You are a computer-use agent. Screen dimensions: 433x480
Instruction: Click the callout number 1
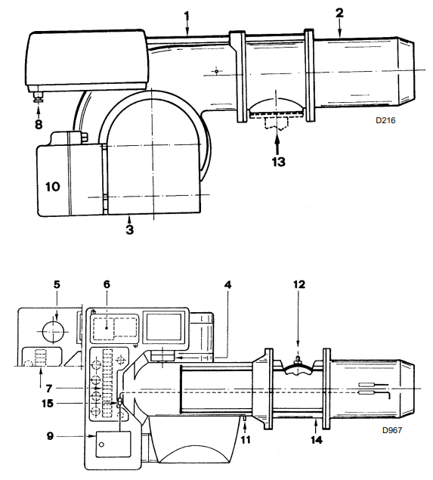(187, 16)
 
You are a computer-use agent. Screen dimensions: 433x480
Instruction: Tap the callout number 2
(339, 13)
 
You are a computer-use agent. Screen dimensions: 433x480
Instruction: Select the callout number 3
(130, 230)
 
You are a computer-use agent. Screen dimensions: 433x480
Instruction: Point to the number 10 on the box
(53, 187)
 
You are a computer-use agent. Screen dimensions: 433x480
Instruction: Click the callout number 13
(279, 162)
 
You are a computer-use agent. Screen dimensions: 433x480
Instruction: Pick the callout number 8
(39, 124)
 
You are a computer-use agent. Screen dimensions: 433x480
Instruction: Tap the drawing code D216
(385, 120)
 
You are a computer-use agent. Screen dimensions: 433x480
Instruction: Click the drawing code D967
(392, 430)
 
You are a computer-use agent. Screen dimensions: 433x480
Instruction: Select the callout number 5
(57, 285)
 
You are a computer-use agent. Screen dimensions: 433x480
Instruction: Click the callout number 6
(107, 284)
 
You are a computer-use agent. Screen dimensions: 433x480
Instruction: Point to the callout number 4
(227, 285)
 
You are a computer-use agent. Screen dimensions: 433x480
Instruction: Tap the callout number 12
(299, 284)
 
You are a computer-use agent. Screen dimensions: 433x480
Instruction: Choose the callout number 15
(48, 404)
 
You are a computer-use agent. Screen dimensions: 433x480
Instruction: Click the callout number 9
(50, 436)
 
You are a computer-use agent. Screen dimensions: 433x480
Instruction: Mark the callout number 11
(246, 440)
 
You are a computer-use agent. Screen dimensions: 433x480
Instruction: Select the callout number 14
(317, 440)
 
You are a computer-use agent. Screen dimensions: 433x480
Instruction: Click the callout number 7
(49, 389)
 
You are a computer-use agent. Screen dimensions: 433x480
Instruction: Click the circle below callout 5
(54, 332)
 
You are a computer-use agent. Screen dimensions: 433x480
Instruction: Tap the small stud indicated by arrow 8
(39, 98)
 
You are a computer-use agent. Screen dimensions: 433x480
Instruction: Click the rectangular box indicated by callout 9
(113, 444)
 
